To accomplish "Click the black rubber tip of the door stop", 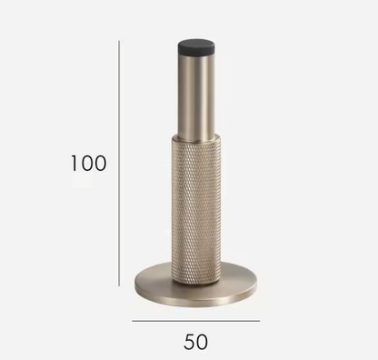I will click(195, 45).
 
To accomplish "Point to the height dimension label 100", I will click(88, 164).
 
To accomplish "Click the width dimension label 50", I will click(195, 342).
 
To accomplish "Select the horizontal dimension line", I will click(195, 321).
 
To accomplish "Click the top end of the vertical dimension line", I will click(119, 39).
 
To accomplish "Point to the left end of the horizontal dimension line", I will click(133, 321).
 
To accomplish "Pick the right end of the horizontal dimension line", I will click(259, 321).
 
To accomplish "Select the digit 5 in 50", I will click(188, 342).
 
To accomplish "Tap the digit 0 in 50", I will click(203, 342).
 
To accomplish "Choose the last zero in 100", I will click(100, 164).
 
